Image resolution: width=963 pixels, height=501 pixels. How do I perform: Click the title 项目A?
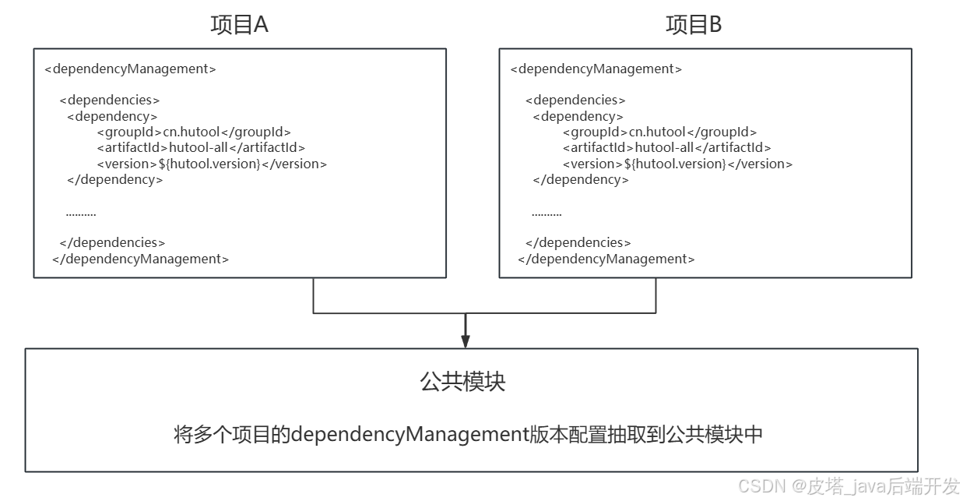point(239,25)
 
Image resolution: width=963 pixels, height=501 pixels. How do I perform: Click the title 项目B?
point(694,25)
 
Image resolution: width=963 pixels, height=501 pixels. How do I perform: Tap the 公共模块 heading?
point(462,382)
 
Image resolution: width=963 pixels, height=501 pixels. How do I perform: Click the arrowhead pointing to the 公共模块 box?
point(466,340)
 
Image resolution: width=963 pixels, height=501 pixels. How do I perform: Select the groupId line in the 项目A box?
point(194,132)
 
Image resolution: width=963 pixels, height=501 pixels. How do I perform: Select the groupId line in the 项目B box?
point(659,132)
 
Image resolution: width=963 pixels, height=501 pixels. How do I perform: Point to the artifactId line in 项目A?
point(201,147)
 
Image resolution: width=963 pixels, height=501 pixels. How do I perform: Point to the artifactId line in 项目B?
point(666,147)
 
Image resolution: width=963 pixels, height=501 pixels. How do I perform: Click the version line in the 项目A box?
point(212,164)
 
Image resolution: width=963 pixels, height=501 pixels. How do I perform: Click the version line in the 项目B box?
point(677,164)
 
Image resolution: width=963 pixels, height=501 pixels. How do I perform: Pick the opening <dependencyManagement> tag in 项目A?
point(130,69)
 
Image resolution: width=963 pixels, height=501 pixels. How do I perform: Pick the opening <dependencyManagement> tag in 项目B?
point(596,69)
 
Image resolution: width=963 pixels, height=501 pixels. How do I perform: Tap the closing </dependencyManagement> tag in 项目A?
point(140,259)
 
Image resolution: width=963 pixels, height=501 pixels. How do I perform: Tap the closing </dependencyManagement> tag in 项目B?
point(606,259)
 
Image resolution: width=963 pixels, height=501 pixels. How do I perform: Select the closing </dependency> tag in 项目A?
point(115,179)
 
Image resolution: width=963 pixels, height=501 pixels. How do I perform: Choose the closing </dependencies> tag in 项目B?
point(578,242)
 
